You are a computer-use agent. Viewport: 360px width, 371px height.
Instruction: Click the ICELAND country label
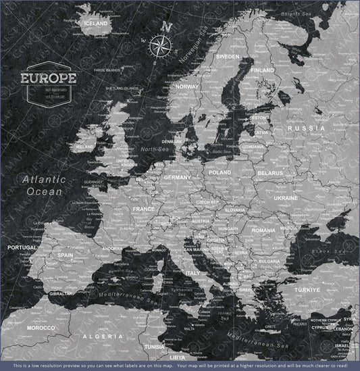(95, 23)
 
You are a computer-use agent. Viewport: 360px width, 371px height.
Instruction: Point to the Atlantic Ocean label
(43, 185)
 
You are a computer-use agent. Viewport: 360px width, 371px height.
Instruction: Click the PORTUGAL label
(22, 247)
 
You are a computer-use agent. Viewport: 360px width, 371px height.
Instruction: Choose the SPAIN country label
(65, 255)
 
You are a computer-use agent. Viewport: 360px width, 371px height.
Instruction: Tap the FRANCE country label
(143, 209)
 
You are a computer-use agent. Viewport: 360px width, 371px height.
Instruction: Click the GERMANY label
(178, 177)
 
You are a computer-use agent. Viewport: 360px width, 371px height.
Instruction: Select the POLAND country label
(220, 172)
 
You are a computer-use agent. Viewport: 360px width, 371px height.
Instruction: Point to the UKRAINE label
(286, 198)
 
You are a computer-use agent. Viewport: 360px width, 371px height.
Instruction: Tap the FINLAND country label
(262, 70)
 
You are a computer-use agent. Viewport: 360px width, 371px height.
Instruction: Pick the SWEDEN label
(228, 56)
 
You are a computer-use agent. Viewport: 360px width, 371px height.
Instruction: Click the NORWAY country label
(186, 86)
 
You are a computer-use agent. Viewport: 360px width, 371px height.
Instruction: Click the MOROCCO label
(41, 328)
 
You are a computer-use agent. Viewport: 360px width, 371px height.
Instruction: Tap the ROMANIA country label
(263, 230)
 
